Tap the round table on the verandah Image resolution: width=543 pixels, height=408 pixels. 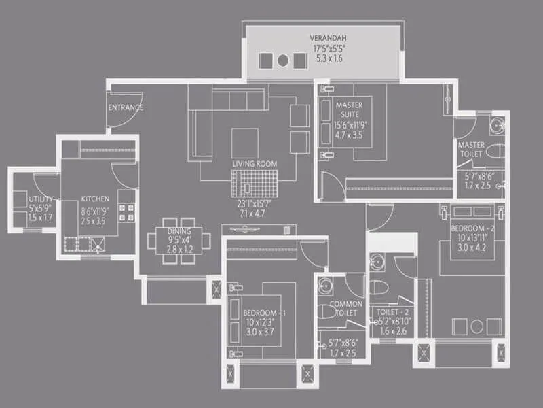(283, 61)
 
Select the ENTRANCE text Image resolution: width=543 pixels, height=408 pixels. (126, 107)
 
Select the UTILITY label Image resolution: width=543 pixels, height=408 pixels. (41, 199)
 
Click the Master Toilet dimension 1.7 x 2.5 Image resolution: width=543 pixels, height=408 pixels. (478, 184)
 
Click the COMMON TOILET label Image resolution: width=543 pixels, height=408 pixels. (346, 309)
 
